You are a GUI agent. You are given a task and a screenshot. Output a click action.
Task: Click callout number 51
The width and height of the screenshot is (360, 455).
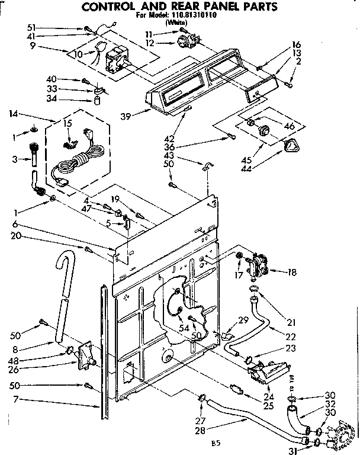[31, 27]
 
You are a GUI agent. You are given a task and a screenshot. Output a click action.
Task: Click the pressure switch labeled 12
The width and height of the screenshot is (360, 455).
[185, 41]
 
